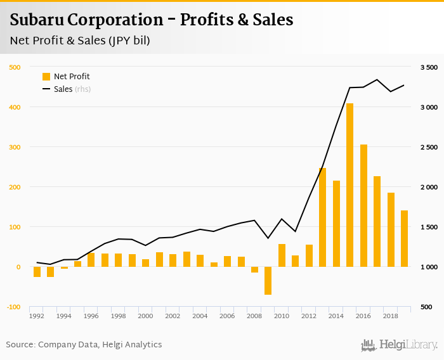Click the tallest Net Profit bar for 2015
(349, 185)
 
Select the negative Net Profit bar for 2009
(268, 281)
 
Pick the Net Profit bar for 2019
(404, 238)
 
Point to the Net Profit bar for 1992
(37, 272)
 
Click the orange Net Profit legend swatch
(46, 77)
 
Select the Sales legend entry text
(63, 89)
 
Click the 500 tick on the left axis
(13, 67)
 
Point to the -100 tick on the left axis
(12, 307)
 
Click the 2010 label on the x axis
(282, 316)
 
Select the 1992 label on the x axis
(37, 316)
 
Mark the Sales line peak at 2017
(377, 80)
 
